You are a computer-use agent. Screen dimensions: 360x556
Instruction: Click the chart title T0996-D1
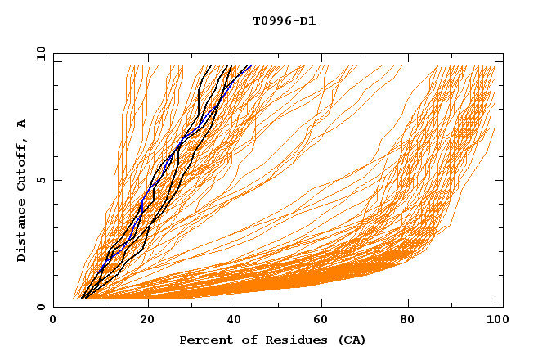284,20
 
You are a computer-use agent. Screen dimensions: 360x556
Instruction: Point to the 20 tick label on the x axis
142,322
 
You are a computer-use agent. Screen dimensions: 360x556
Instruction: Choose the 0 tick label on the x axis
54,322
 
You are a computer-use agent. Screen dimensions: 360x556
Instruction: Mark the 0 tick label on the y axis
41,308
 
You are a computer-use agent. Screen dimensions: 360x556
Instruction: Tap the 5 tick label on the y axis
41,180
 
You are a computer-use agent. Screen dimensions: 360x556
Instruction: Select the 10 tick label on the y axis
38,53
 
